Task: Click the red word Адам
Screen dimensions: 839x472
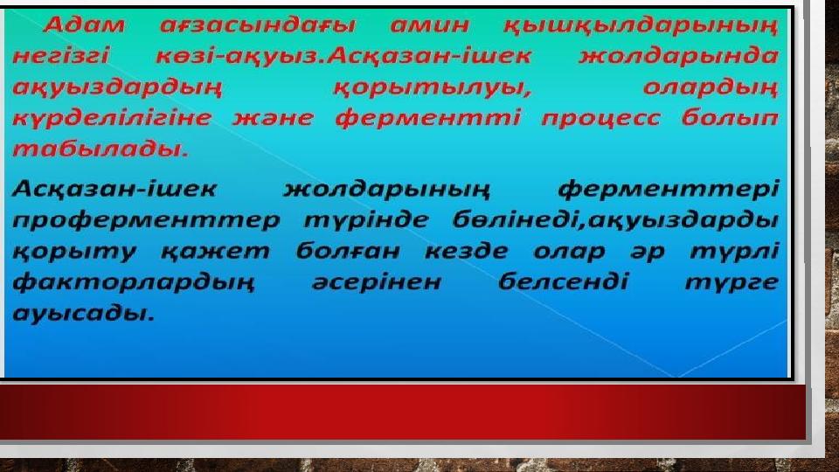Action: [84, 25]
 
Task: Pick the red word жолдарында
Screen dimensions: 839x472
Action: [678, 56]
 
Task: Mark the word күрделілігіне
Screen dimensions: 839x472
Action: [112, 118]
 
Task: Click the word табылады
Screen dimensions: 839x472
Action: [101, 149]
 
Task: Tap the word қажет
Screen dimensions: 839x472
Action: [216, 252]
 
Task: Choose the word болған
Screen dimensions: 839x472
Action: [348, 252]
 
